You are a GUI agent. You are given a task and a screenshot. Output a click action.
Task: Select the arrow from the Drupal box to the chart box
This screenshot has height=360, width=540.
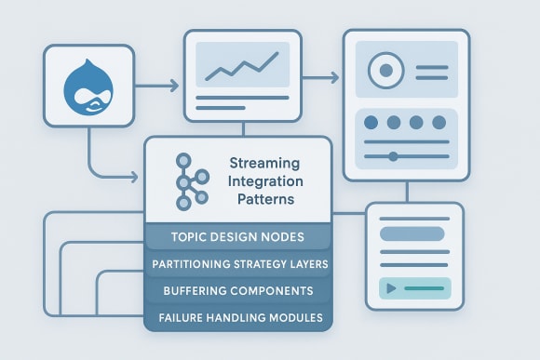pos(157,88)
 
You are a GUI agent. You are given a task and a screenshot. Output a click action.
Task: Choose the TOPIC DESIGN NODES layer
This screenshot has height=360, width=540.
pos(237,237)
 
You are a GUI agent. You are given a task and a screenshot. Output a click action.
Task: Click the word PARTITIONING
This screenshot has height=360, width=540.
pos(191,264)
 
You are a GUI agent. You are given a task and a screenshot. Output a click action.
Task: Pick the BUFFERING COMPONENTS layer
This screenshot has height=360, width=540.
pos(237,291)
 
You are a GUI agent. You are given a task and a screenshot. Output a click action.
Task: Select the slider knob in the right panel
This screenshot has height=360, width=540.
pos(394,156)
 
